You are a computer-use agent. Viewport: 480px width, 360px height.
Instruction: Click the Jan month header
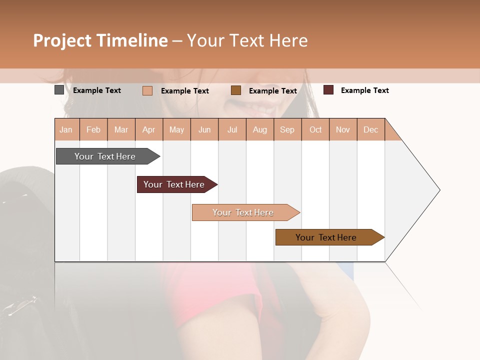66,129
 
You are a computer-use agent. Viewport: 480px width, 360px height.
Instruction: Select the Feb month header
93,129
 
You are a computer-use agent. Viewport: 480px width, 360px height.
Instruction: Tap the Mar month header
121,129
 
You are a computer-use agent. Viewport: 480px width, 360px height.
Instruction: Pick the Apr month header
149,129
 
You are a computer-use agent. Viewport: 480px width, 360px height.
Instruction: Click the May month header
176,129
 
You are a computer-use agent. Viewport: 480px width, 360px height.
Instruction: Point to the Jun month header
204,129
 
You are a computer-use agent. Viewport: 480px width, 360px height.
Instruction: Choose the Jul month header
232,129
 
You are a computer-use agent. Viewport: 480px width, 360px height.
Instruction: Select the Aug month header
260,129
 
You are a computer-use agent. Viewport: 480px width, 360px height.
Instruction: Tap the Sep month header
287,129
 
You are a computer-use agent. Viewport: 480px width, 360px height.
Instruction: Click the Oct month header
315,129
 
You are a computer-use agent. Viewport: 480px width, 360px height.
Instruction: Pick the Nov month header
343,129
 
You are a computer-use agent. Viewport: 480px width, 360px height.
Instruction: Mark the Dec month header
371,129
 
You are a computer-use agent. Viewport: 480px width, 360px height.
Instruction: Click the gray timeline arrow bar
105,156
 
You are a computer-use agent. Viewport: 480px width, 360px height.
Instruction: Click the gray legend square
59,90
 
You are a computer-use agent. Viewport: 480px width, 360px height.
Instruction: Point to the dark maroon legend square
328,90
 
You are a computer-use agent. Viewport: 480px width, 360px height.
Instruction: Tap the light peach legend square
147,90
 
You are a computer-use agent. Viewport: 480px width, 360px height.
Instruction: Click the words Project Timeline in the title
100,40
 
